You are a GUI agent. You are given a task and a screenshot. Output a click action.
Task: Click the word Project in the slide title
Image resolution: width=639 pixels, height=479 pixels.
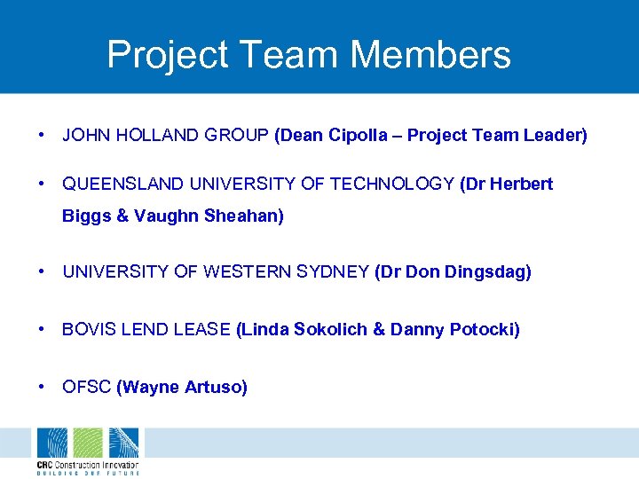click(167, 55)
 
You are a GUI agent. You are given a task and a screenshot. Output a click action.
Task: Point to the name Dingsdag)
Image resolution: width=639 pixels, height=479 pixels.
click(491, 272)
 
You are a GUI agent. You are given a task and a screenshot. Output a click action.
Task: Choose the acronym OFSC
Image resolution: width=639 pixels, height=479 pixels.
click(86, 387)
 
